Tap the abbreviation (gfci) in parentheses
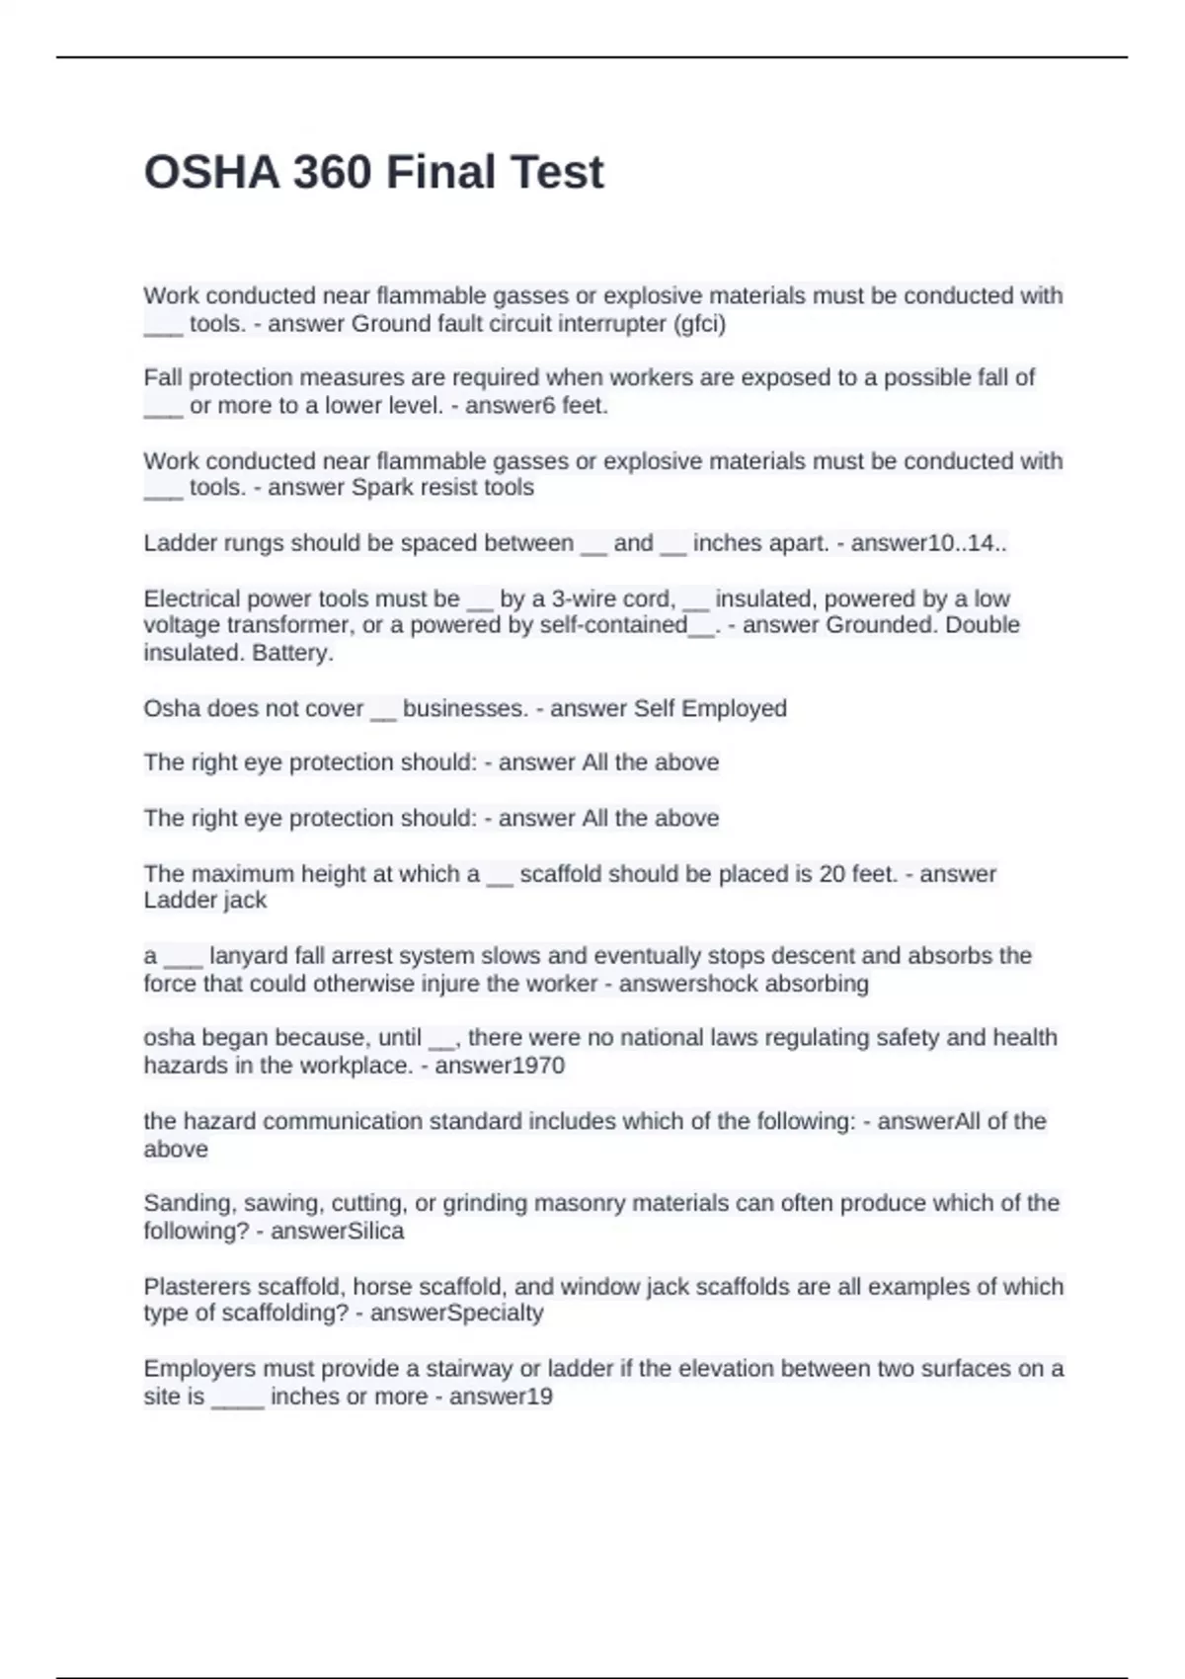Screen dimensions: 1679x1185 (698, 324)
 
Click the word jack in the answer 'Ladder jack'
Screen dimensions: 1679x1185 (244, 901)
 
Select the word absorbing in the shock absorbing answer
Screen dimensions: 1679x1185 (819, 984)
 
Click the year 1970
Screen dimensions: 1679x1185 (533, 1066)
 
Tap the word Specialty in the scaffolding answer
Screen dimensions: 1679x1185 (497, 1314)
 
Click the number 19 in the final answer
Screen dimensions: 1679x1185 (539, 1397)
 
